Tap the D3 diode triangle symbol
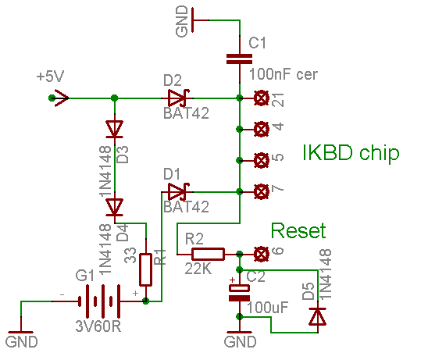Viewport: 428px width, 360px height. [114, 129]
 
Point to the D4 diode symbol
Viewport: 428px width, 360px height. [114, 207]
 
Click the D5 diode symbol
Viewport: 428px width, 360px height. [317, 316]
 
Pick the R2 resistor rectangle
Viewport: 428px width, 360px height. [208, 254]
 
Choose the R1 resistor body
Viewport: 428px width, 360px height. [146, 269]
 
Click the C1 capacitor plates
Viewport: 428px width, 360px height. [240, 59]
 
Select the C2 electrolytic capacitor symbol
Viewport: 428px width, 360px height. [239, 293]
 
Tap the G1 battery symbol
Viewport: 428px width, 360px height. [99, 301]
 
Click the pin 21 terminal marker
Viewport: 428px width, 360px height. [262, 98]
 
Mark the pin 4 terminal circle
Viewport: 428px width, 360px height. [262, 129]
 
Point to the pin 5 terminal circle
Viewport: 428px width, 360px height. [262, 160]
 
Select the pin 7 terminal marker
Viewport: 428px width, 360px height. [262, 191]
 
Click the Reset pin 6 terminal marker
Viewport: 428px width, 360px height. [262, 254]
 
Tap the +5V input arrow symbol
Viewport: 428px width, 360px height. [59, 98]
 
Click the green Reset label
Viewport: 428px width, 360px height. [298, 230]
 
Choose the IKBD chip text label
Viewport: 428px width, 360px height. [351, 153]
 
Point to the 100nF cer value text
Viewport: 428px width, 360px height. [284, 74]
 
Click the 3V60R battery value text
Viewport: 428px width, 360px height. [98, 326]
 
